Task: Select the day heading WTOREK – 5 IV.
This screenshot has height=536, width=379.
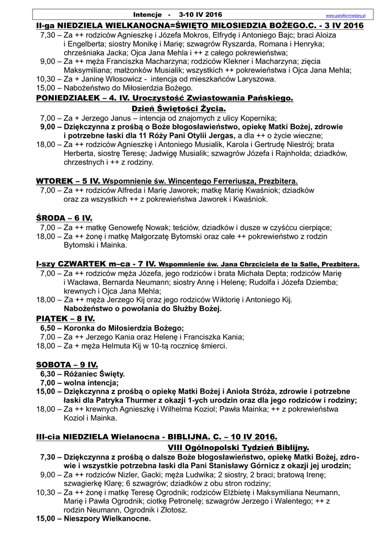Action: tap(67, 181)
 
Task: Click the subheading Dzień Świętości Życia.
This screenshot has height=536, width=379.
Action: tap(175, 108)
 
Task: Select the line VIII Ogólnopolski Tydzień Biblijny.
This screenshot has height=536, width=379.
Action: tap(238, 448)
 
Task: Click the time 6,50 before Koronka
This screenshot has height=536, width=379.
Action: tap(48, 328)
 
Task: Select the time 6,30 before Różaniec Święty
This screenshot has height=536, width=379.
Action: tap(48, 374)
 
